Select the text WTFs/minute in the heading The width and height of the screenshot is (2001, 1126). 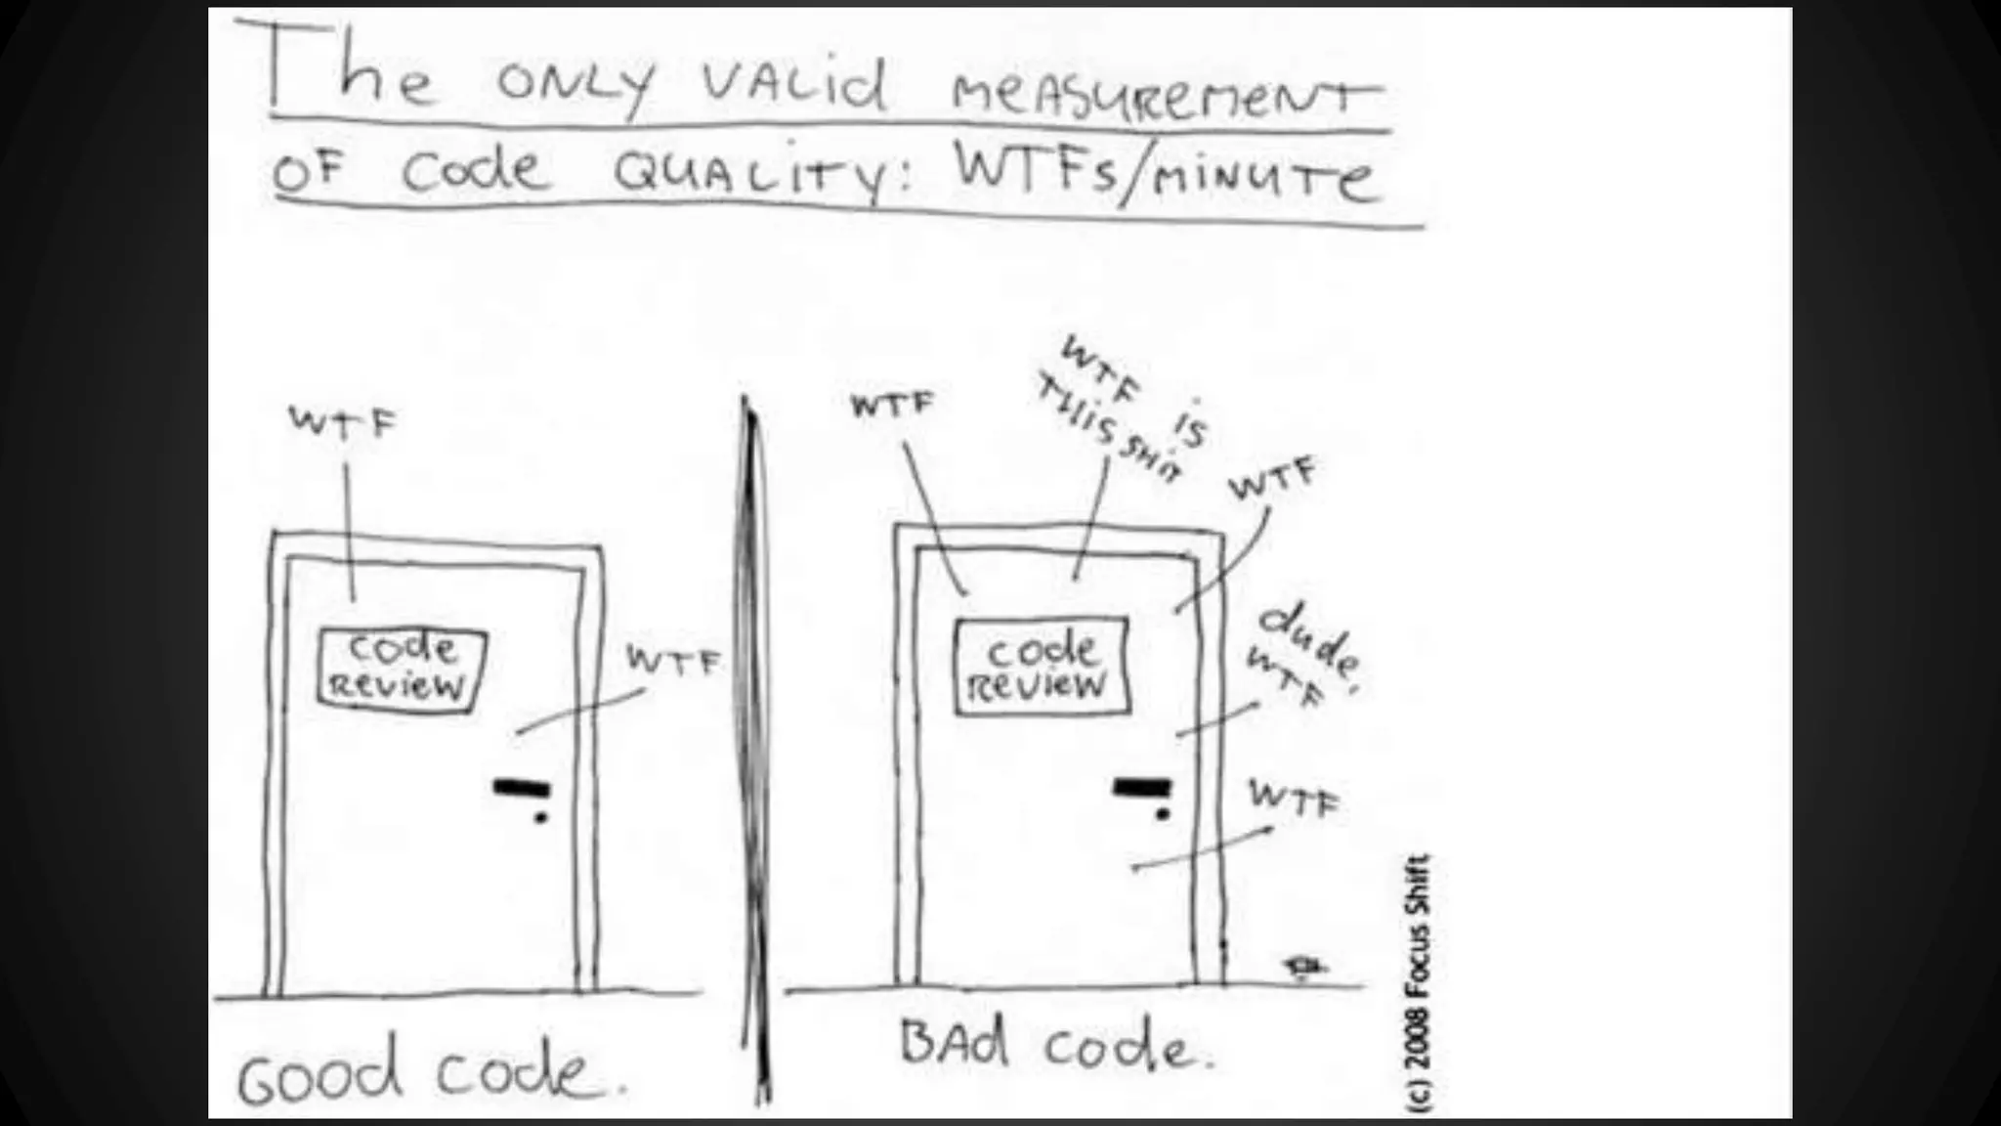[x=1165, y=176]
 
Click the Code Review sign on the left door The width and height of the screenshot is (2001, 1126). [x=402, y=668]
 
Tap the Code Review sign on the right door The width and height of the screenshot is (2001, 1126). [x=1041, y=667]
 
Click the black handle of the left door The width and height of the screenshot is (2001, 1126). [x=522, y=788]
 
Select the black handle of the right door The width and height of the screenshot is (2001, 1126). [x=1142, y=787]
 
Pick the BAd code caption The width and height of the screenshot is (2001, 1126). [x=1055, y=1045]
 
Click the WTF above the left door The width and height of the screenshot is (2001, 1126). [x=343, y=422]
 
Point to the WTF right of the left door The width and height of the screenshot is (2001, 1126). [x=673, y=662]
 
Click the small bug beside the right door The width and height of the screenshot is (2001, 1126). [x=1302, y=967]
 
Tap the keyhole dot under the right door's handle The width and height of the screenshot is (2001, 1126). [x=1163, y=813]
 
